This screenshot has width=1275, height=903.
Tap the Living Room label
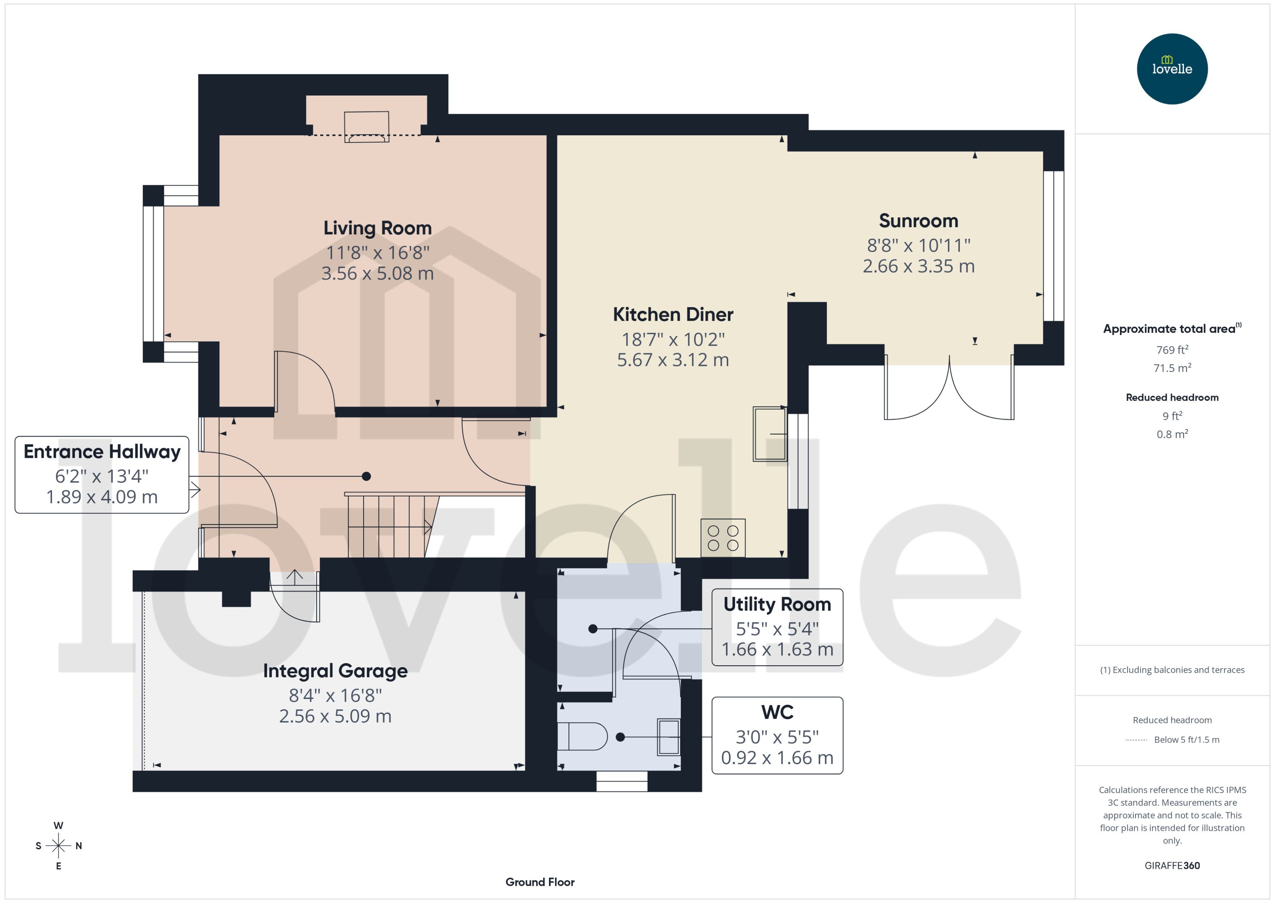click(377, 228)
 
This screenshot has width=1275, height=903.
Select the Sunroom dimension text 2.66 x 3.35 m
click(918, 266)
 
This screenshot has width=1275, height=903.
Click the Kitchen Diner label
click(673, 315)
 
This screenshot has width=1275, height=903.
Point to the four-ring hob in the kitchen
click(723, 538)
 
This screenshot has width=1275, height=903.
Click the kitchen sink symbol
click(769, 434)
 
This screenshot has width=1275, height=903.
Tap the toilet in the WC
click(582, 737)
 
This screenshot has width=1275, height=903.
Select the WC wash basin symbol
click(668, 737)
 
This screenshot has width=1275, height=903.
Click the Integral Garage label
click(335, 671)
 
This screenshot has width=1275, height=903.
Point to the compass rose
click(58, 846)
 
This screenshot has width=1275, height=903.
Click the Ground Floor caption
click(540, 882)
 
